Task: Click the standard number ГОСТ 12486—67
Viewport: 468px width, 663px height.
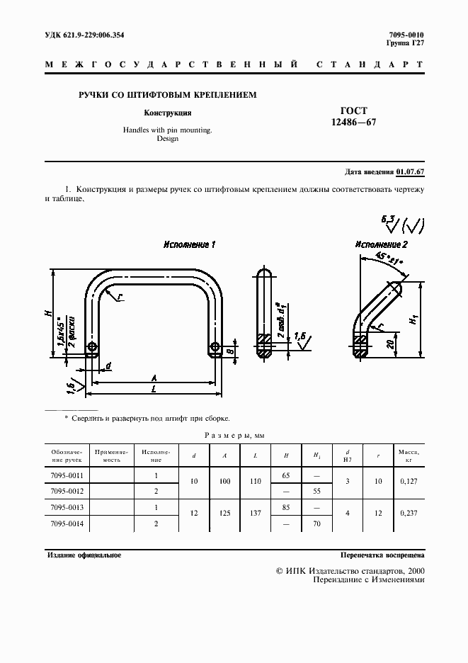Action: coord(354,117)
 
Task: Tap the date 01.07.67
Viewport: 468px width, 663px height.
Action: coord(410,172)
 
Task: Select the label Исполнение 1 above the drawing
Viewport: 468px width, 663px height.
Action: coord(189,244)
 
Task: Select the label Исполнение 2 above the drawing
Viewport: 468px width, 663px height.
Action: coord(381,244)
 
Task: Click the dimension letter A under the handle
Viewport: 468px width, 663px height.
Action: coord(154,378)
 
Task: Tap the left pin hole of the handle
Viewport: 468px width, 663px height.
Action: coord(93,348)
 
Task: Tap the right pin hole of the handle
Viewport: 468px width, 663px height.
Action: coord(216,348)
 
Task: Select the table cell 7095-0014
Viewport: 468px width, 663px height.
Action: coord(67,525)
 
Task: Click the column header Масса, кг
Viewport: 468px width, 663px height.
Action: coord(409,454)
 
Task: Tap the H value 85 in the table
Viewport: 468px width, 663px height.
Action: coord(286,508)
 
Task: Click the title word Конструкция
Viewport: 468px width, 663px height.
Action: coord(168,113)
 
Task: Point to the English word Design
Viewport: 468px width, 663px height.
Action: coord(168,140)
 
